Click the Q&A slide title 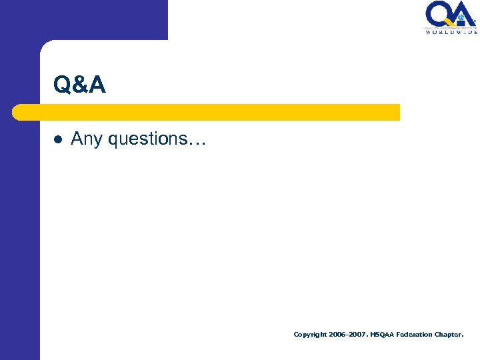(x=79, y=84)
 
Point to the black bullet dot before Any (x=58, y=140)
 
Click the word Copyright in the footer (x=310, y=335)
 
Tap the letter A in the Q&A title (x=96, y=85)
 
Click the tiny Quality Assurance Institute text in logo (x=451, y=27)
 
